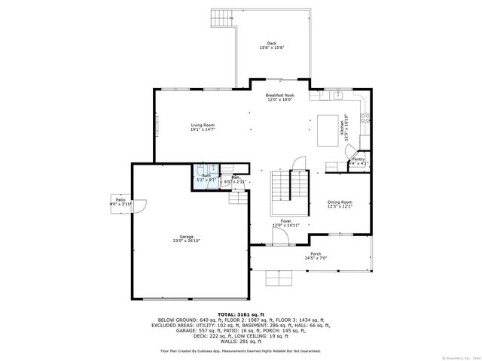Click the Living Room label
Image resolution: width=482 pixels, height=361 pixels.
203,125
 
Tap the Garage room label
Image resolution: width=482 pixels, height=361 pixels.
186,236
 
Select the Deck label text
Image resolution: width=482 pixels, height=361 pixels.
271,43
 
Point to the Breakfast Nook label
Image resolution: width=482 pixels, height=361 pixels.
279,96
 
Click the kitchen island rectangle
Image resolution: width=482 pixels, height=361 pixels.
328,129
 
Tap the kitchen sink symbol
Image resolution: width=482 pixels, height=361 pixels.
337,96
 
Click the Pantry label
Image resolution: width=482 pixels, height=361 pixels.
358,159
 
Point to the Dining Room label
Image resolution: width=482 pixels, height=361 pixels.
340,202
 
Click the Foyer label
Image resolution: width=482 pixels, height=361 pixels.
286,220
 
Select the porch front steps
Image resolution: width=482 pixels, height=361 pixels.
278,279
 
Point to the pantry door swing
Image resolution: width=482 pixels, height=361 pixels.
352,151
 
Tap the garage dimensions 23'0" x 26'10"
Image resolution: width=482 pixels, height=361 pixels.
186,241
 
